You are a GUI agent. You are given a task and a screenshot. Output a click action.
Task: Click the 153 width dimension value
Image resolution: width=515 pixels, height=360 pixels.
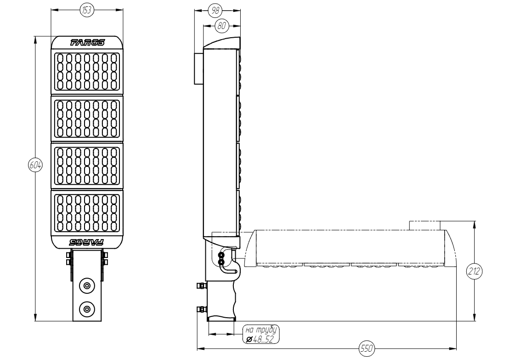click(86, 10)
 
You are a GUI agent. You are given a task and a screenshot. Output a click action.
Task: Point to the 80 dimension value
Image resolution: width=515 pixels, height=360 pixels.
click(222, 26)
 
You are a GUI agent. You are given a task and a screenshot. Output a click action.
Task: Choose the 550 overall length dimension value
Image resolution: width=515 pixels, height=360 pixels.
click(366, 349)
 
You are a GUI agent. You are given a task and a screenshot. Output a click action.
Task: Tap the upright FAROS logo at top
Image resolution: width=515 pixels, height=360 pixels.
click(87, 43)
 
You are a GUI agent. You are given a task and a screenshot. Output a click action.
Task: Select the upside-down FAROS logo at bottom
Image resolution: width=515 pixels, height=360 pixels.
click(87, 242)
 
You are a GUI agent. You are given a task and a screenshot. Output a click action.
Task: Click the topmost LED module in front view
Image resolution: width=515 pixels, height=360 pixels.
click(87, 72)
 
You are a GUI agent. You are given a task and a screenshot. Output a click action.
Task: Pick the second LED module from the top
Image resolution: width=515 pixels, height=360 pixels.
click(87, 119)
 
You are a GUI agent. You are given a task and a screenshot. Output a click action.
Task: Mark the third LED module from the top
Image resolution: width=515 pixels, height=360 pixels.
click(87, 166)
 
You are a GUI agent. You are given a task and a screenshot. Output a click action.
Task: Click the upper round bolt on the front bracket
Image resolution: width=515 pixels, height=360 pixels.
click(86, 286)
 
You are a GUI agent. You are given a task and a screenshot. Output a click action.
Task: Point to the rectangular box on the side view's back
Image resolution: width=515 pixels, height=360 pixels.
click(198, 69)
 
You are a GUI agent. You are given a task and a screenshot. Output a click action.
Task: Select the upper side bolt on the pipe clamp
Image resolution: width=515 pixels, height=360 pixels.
click(200, 287)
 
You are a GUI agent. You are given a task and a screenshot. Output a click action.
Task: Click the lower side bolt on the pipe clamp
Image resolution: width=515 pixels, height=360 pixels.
click(200, 309)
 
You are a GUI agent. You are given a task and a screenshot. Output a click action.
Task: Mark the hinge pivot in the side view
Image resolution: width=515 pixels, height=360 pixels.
click(222, 258)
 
